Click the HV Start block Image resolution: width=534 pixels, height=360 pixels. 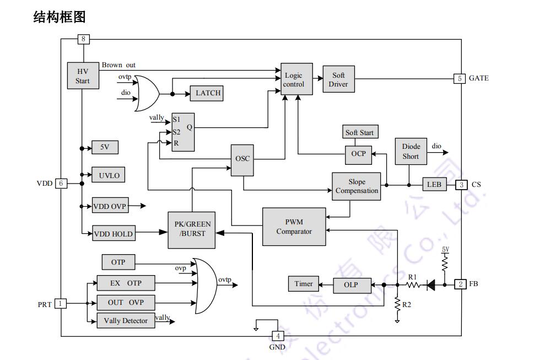pos(83,76)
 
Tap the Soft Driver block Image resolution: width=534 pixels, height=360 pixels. pos(338,80)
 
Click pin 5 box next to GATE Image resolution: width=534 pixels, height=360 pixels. pos(459,78)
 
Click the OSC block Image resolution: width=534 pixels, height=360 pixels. pos(242,159)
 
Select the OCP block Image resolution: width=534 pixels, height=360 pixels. pos(358,154)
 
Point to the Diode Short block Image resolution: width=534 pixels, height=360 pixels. pos(411,152)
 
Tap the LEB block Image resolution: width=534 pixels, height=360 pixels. pos(434,185)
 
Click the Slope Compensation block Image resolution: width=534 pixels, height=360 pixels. pos(357,186)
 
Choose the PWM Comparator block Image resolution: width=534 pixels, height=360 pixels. pos(294,227)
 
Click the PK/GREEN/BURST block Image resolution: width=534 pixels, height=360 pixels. pos(192,229)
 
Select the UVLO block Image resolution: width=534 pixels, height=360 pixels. pos(109,176)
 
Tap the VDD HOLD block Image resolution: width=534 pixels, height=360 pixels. pos(113,234)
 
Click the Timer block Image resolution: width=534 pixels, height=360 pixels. pos(303,284)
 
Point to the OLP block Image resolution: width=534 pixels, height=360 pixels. pos(350,284)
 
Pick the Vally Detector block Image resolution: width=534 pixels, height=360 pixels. pos(126,321)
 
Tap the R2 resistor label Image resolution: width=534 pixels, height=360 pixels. pos(407,304)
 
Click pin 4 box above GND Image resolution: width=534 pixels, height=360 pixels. pos(278,336)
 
